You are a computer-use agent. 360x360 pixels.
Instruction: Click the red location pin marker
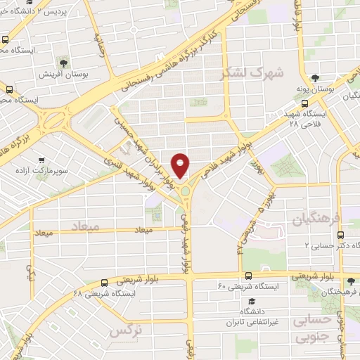(x=181, y=165)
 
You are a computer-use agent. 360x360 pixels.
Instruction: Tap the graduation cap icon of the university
(x=249, y=300)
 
